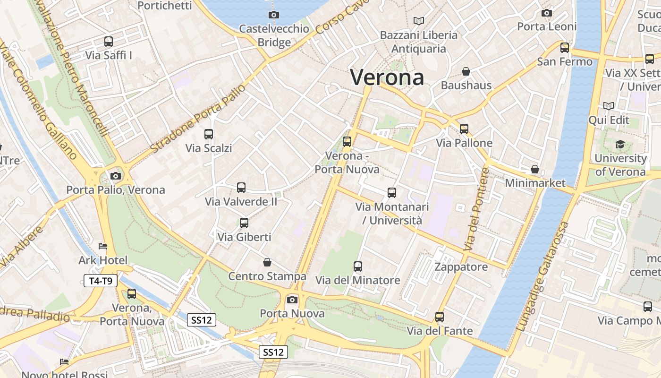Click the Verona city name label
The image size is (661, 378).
(387, 77)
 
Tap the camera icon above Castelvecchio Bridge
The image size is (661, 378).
(273, 15)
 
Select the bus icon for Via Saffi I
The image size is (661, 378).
(109, 42)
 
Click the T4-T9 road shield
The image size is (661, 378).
(101, 281)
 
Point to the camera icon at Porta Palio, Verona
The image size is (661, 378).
(115, 176)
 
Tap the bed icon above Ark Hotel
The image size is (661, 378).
(103, 246)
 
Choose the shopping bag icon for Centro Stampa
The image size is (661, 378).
(267, 262)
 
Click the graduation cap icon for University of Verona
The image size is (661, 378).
(620, 144)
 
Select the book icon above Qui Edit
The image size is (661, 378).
(609, 106)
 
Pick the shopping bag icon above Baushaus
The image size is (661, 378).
(466, 71)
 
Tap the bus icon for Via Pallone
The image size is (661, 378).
(464, 129)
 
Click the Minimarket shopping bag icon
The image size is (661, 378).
(535, 169)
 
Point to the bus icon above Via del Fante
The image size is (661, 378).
(440, 317)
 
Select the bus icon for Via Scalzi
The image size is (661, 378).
(209, 134)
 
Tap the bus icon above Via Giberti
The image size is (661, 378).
(244, 223)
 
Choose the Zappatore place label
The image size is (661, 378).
(461, 267)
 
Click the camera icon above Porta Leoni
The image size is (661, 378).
(547, 13)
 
